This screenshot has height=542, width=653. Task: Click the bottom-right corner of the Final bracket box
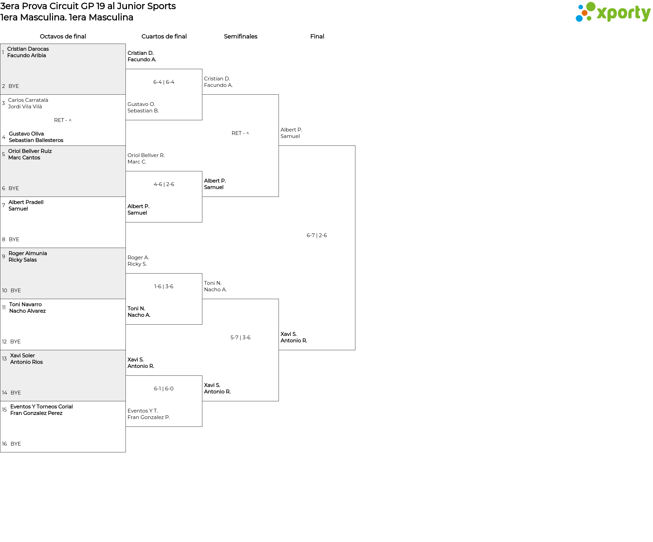coord(355,350)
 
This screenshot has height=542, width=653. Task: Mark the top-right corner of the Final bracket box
coord(355,146)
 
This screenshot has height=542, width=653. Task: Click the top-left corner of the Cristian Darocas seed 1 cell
coord(0,44)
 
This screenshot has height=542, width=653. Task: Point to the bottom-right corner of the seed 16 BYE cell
coord(125,452)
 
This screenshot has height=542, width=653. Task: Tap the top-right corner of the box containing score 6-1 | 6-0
coord(202,376)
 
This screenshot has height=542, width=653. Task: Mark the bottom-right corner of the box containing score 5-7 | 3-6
coord(279,401)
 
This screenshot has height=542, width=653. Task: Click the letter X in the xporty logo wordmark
coord(603,14)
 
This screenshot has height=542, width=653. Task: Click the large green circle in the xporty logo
coord(591,6)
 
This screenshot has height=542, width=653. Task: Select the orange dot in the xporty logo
coord(584,13)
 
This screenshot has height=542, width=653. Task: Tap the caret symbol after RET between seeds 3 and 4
coord(70,120)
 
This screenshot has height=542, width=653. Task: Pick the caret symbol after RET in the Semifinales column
coord(248,133)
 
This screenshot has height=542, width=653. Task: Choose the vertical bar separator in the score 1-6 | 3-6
coord(163,287)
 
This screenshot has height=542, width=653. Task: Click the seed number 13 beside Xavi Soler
coord(4,359)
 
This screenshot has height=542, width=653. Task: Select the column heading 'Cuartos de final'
coord(164,36)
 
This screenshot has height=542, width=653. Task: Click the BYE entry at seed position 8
coord(14,239)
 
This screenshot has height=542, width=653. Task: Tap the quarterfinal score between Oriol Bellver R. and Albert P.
coord(164,184)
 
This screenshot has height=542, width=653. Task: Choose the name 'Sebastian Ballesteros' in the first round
coord(36,140)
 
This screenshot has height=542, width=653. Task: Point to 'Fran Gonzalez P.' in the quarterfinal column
coord(149,417)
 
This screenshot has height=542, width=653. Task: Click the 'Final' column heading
coord(317,36)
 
